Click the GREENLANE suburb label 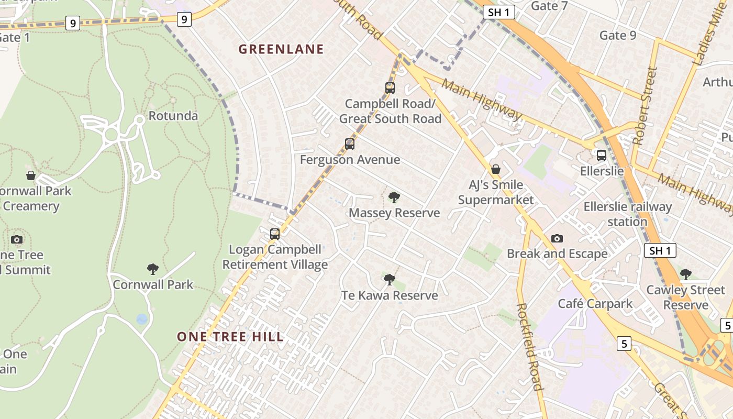pyautogui.click(x=281, y=49)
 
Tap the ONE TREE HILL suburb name pyautogui.click(x=230, y=337)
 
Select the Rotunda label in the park pyautogui.click(x=173, y=116)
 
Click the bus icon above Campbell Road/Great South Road pyautogui.click(x=390, y=87)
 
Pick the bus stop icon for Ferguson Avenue pyautogui.click(x=350, y=144)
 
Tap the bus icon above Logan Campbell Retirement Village pyautogui.click(x=275, y=234)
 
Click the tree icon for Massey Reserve pyautogui.click(x=394, y=197)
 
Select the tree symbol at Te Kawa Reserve pyautogui.click(x=389, y=280)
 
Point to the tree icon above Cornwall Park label pyautogui.click(x=153, y=269)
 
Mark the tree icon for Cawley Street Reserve pyautogui.click(x=685, y=274)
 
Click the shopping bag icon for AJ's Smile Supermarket pyautogui.click(x=495, y=169)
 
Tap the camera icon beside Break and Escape pyautogui.click(x=557, y=238)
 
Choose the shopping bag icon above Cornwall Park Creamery pyautogui.click(x=31, y=175)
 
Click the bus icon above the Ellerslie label pyautogui.click(x=602, y=155)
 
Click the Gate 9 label pyautogui.click(x=618, y=35)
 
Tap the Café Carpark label pyautogui.click(x=595, y=303)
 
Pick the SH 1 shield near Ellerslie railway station pyautogui.click(x=660, y=250)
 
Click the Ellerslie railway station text pyautogui.click(x=627, y=214)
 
